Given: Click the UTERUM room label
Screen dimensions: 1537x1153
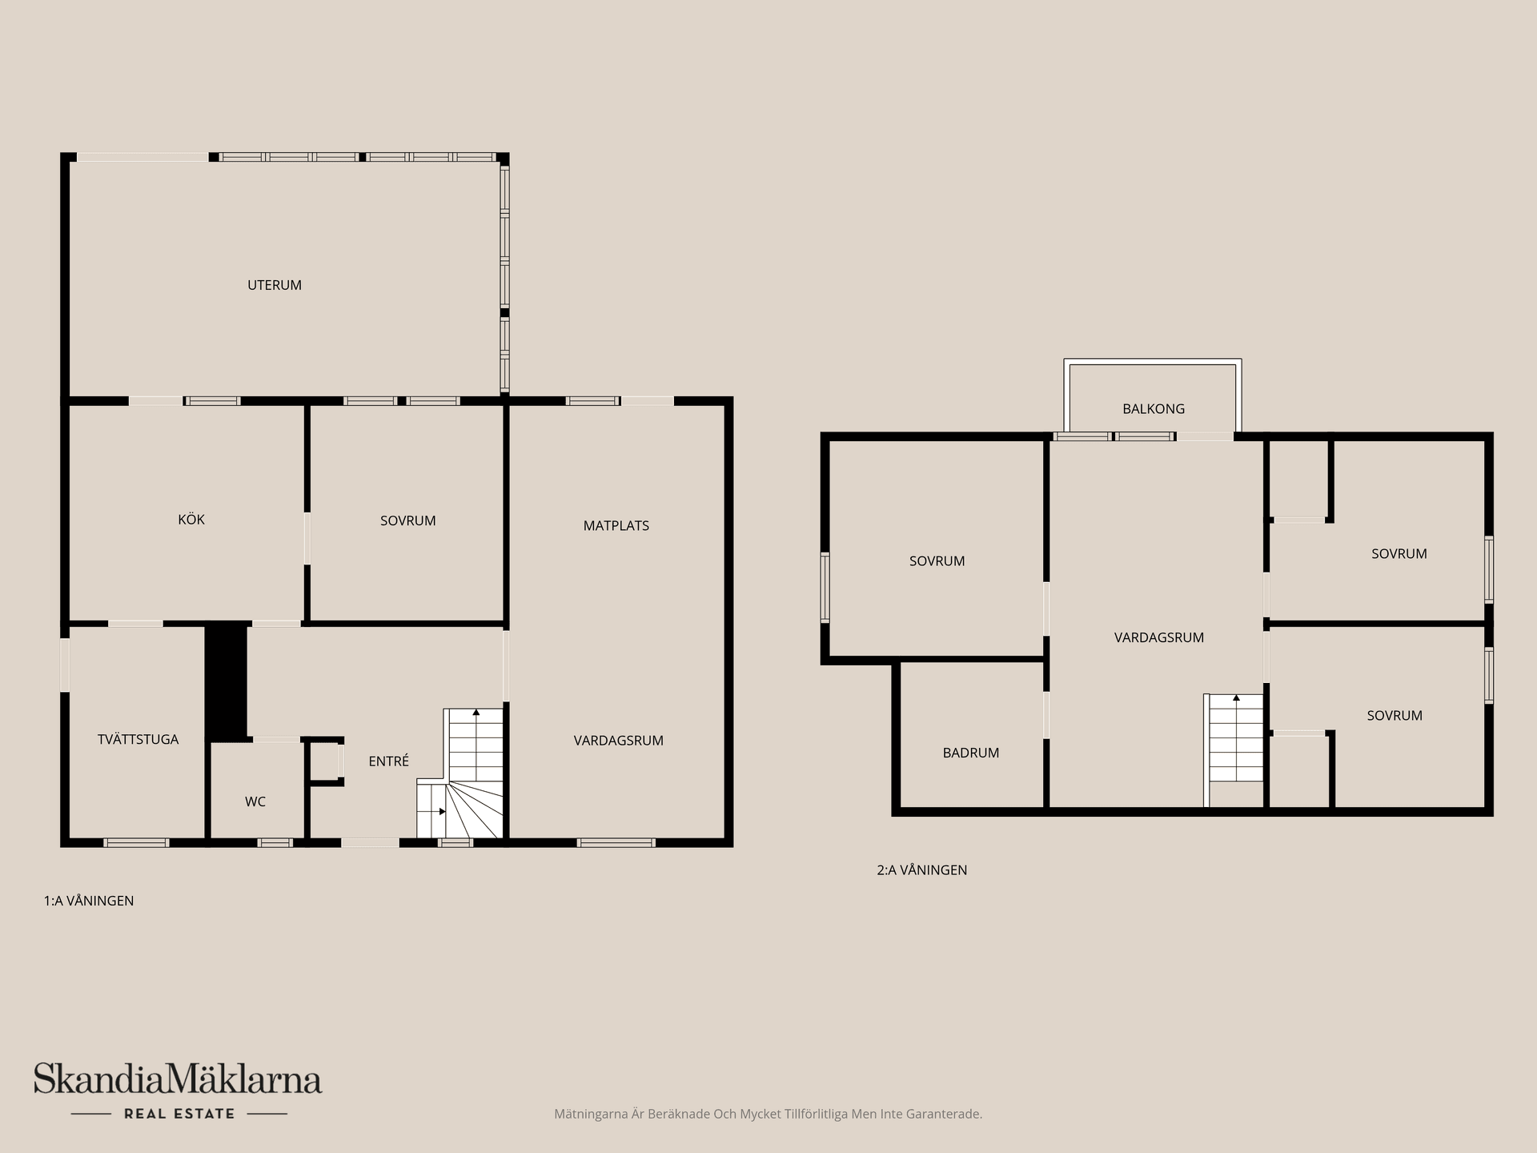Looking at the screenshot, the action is click(275, 285).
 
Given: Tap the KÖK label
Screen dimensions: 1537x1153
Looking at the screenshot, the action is click(191, 520).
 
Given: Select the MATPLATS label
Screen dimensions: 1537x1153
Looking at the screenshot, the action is click(616, 526).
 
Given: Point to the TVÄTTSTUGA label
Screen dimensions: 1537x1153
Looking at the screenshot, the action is click(138, 740).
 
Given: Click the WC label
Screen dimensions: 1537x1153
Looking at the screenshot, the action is click(255, 801).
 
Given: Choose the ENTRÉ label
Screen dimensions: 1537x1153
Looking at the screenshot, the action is click(389, 761).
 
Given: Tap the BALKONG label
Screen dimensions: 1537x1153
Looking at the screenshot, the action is click(1154, 409).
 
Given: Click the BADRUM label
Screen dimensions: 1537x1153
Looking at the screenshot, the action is click(971, 753).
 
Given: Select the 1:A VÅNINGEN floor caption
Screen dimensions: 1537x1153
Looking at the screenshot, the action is click(89, 901).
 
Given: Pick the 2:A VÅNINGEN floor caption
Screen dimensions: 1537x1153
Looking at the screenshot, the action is click(922, 870).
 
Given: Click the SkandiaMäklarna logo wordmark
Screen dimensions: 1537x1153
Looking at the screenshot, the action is click(178, 1079).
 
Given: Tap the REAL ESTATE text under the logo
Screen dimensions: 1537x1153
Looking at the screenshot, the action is click(179, 1114).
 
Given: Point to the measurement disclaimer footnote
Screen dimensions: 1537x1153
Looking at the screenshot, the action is click(768, 1114).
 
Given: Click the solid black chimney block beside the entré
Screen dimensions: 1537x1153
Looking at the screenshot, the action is click(227, 681).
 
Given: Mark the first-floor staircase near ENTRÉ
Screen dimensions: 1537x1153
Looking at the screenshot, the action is click(460, 773).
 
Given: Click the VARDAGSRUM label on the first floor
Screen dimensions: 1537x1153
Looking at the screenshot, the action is click(619, 741).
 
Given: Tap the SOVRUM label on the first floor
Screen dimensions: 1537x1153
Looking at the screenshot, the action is click(408, 520).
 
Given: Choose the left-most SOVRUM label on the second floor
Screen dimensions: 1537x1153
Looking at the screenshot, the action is click(937, 561).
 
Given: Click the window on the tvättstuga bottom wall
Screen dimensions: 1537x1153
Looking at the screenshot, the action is click(137, 842).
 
